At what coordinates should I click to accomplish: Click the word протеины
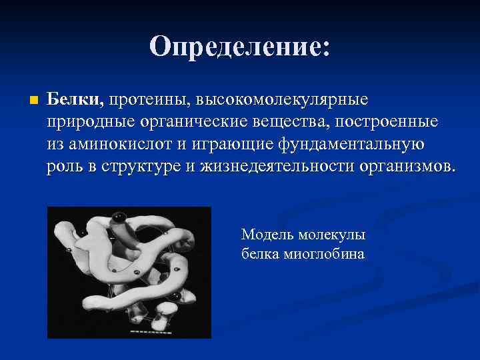pos(147,100)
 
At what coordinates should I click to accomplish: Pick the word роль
pos(63,166)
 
